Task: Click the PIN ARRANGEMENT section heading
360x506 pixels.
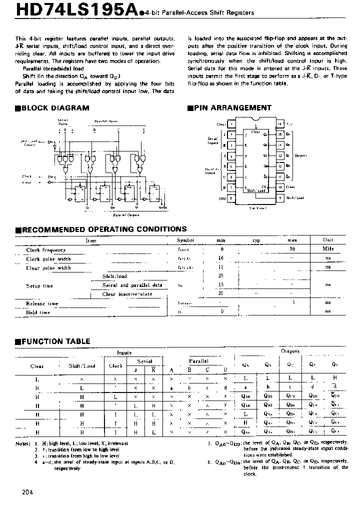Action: (232, 107)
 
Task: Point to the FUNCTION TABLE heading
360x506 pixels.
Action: (55, 341)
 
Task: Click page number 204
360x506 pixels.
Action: (28, 492)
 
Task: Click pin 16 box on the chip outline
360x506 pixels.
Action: (280, 123)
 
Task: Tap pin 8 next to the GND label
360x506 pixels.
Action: (232, 198)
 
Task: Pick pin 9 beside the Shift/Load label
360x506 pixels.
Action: (280, 198)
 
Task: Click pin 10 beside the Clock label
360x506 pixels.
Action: (280, 187)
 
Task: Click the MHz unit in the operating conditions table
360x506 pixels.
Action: (328, 249)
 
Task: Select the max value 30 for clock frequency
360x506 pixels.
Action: (293, 249)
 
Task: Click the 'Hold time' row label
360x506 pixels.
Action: (38, 312)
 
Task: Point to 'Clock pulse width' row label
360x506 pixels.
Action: (48, 259)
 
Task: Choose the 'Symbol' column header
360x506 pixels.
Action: (186, 240)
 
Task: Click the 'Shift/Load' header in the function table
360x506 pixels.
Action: (81, 365)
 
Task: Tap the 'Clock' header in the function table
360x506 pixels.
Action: (115, 365)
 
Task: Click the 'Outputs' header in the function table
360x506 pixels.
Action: (290, 351)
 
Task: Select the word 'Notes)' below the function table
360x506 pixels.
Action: (22, 443)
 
